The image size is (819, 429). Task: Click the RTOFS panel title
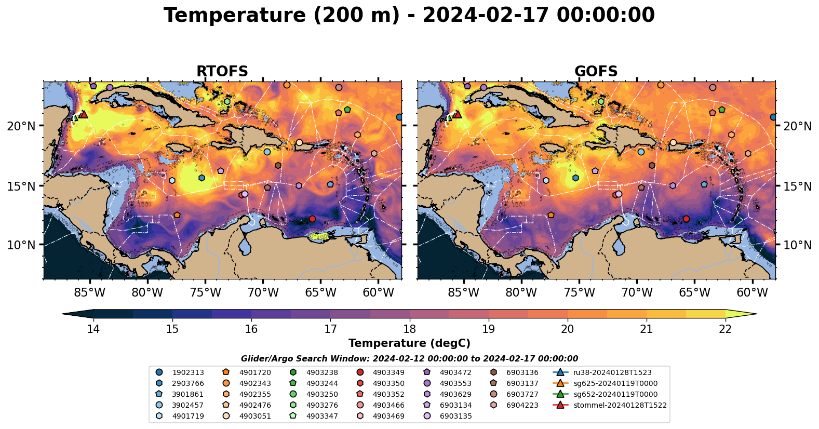[222, 71]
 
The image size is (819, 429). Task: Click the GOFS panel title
[596, 71]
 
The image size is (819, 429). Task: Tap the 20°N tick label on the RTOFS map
[21, 126]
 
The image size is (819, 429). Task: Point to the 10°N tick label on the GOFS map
[797, 245]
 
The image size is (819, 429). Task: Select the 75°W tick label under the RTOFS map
[205, 292]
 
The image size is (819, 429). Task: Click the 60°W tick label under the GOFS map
[752, 292]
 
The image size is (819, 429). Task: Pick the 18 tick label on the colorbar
[409, 329]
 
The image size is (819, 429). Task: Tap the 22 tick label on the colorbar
[725, 329]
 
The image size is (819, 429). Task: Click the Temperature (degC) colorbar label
[409, 343]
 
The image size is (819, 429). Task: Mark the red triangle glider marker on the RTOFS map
[83, 114]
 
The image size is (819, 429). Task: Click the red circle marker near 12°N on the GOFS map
[686, 219]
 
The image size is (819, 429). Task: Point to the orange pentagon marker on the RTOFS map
[177, 215]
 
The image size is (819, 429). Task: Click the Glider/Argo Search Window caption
[409, 359]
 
